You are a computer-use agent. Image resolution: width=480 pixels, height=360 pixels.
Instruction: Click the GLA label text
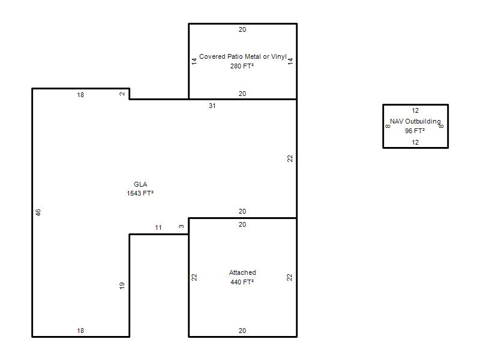(x=140, y=184)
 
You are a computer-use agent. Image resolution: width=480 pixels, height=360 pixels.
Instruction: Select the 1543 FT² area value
(x=140, y=193)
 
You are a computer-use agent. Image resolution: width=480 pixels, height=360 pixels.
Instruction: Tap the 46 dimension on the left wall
(x=38, y=212)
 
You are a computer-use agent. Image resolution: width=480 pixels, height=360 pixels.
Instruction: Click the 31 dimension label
(x=212, y=106)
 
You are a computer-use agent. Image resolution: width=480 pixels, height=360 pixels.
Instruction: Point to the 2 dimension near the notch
(x=122, y=94)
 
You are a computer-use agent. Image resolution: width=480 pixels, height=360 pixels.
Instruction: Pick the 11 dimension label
(x=158, y=228)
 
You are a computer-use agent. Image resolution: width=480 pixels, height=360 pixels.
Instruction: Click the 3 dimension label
(x=182, y=227)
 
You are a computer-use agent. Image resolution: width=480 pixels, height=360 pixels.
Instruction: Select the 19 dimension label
(x=122, y=286)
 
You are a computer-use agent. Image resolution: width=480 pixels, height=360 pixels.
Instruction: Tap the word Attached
(x=242, y=272)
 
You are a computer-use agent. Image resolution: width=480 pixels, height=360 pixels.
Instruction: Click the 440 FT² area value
(x=242, y=282)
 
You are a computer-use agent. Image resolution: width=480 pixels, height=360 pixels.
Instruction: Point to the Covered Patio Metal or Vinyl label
(x=243, y=56)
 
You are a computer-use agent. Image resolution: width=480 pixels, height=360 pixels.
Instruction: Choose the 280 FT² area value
(x=242, y=66)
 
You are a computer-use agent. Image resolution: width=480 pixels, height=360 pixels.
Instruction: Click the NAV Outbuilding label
(x=415, y=122)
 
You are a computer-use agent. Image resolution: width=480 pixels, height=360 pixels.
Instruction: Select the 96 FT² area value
(x=415, y=131)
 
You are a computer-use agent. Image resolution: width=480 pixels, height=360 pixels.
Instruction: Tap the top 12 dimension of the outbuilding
(x=415, y=111)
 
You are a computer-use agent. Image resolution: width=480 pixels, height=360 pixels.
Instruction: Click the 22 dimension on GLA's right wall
(x=290, y=158)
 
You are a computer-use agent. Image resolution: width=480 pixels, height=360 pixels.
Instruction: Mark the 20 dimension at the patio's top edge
(x=242, y=29)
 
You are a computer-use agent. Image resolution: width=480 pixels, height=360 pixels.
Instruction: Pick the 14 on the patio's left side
(x=194, y=61)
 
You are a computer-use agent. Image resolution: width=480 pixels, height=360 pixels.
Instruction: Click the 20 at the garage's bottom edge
(x=242, y=331)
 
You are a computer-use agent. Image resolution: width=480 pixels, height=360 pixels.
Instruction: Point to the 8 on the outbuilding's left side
(x=388, y=126)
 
